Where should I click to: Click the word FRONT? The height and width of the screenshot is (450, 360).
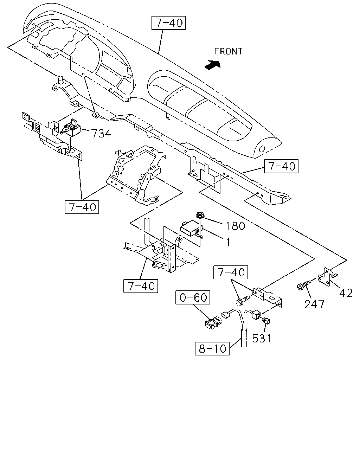(228, 51)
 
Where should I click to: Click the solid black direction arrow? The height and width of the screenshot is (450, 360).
(212, 65)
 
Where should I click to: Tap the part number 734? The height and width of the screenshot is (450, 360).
(101, 133)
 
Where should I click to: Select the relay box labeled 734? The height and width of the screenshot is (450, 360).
(71, 128)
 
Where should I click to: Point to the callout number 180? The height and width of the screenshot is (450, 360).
(235, 226)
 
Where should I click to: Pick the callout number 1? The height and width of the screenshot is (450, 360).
(229, 242)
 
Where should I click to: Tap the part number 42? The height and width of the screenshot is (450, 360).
(346, 293)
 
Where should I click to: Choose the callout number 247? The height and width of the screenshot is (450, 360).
(314, 304)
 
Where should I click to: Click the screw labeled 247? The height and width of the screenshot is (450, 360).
(303, 285)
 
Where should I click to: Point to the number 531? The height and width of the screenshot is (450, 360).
(262, 338)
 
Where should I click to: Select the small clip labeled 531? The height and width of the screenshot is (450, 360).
(266, 321)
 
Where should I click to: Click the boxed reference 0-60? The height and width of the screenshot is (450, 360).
(193, 297)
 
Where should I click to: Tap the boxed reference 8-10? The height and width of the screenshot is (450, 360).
(212, 348)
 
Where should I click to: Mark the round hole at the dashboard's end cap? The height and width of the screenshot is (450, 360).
(262, 149)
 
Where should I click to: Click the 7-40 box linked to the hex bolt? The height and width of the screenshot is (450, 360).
(231, 272)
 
